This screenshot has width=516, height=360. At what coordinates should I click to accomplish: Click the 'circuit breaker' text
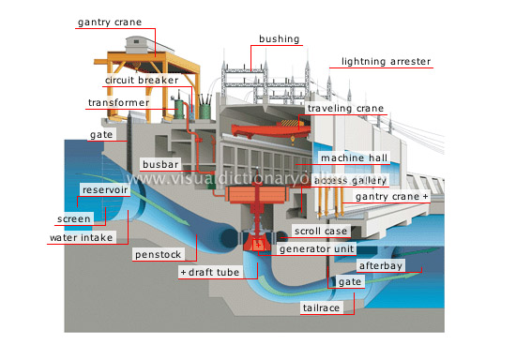[x=138, y=81]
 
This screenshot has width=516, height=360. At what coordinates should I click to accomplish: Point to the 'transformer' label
[x=118, y=102]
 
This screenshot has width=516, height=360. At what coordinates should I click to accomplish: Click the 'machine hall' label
[x=348, y=157]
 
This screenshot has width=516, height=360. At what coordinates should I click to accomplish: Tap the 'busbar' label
[x=154, y=163]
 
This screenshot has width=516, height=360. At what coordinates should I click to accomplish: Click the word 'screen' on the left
[x=72, y=218]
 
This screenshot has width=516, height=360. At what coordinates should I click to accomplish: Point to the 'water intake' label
[x=82, y=237]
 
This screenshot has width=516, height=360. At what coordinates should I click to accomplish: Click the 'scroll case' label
[x=321, y=231]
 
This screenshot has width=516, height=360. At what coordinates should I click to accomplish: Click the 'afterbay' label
[x=384, y=265]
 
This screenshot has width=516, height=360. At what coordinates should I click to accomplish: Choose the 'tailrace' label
[x=320, y=307]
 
